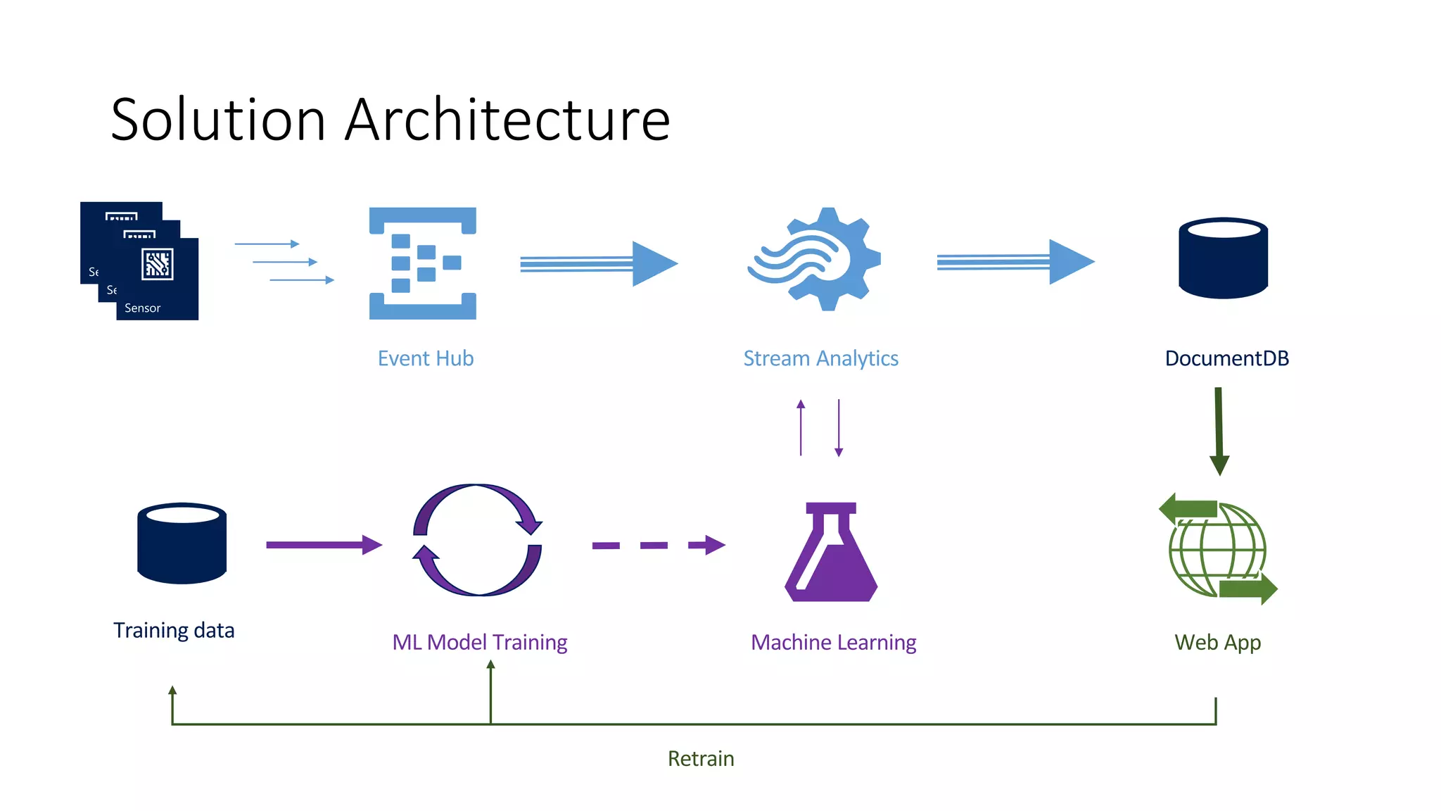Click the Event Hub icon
tap(423, 263)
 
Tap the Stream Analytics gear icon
tap(816, 259)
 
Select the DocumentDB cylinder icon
tap(1223, 258)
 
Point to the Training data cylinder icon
tap(182, 543)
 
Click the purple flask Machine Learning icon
tap(831, 553)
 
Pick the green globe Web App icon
tap(1218, 549)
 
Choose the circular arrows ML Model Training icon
tap(477, 540)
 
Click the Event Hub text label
tap(426, 358)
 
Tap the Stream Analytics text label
tap(820, 358)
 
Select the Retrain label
tap(701, 759)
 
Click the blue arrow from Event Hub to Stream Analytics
tap(598, 264)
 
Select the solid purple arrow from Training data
tap(324, 545)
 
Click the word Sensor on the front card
tap(143, 308)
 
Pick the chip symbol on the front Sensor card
tap(157, 264)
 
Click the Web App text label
tap(1217, 643)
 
